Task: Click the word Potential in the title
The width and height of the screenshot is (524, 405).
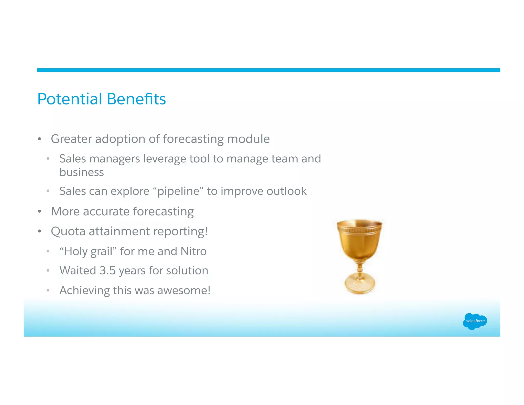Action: point(70,99)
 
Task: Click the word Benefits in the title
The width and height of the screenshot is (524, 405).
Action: point(136,99)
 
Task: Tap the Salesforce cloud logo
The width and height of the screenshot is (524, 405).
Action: point(475,321)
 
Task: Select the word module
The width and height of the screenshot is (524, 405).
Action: point(248,139)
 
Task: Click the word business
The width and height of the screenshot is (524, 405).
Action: point(82,172)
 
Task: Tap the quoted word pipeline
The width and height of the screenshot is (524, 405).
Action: point(178,191)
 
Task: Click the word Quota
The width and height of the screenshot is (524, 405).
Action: point(68,231)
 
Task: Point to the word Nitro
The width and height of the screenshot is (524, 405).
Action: point(193,251)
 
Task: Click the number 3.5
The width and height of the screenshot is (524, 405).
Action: point(107,271)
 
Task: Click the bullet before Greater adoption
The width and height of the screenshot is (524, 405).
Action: point(39,139)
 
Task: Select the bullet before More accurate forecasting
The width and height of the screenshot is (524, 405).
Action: point(39,212)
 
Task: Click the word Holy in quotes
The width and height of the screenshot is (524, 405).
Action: point(76,252)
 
